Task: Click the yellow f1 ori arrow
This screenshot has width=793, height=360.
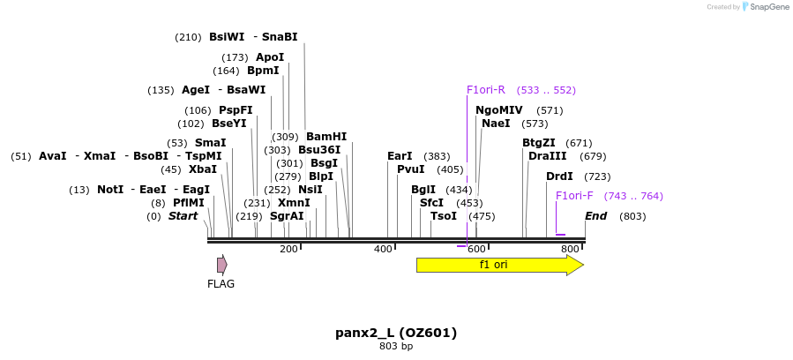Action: coord(498,265)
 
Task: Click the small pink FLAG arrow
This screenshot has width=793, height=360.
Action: coord(222,265)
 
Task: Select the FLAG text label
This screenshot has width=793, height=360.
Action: coord(221,284)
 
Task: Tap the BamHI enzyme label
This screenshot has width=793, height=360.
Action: coord(326,137)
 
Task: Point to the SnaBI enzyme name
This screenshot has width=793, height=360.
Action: coord(280,37)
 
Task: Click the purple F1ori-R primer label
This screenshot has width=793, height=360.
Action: coord(485,90)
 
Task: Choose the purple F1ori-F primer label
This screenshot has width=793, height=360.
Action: coord(574,196)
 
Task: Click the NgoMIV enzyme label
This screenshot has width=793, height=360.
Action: coord(499,110)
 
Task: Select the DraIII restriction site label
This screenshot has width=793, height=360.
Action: coord(547,156)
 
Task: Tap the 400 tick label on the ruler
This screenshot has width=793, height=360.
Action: coord(383,250)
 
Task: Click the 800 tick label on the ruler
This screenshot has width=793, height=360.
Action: coord(570,250)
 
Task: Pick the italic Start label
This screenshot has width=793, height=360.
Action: coord(183,216)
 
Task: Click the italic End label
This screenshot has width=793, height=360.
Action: coord(596,216)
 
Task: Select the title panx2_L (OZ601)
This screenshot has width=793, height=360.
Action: coord(396,333)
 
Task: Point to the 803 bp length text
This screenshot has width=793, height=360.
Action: coord(396,347)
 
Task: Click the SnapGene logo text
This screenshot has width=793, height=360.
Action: coord(769,7)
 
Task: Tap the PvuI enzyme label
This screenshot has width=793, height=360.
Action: coord(411,169)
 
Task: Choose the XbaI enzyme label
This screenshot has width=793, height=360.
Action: coord(203,169)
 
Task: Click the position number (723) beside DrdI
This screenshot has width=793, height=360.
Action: coord(597,176)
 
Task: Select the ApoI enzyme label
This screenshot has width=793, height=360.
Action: coord(270,57)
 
